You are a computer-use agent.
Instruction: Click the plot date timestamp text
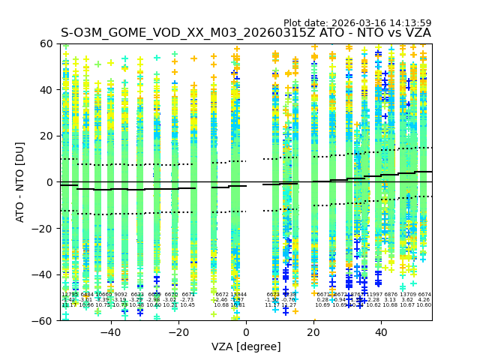[357, 23]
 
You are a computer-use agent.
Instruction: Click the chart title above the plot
[246, 34]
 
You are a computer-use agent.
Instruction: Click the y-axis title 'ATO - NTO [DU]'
[21, 182]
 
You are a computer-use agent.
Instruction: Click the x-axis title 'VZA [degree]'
[246, 346]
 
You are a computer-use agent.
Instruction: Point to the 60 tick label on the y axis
[46, 43]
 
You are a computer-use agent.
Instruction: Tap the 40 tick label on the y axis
[46, 90]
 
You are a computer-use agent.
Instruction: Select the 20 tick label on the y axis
[46, 136]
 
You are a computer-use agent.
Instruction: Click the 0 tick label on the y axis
[49, 182]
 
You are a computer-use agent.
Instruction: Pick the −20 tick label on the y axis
[43, 228]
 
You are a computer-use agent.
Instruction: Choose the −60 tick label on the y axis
[43, 320]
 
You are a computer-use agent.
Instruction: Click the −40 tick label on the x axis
[110, 331]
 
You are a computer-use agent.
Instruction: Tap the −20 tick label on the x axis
[178, 331]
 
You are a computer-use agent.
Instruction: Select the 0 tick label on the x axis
[246, 331]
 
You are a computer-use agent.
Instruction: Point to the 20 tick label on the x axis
[314, 331]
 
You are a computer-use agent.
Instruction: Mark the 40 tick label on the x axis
[382, 331]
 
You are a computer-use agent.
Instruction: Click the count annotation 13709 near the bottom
[408, 295]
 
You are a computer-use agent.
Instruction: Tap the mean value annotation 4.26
[424, 300]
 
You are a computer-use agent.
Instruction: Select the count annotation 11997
[373, 295]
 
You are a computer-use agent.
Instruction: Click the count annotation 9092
[121, 295]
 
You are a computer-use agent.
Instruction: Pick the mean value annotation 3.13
[391, 300]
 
